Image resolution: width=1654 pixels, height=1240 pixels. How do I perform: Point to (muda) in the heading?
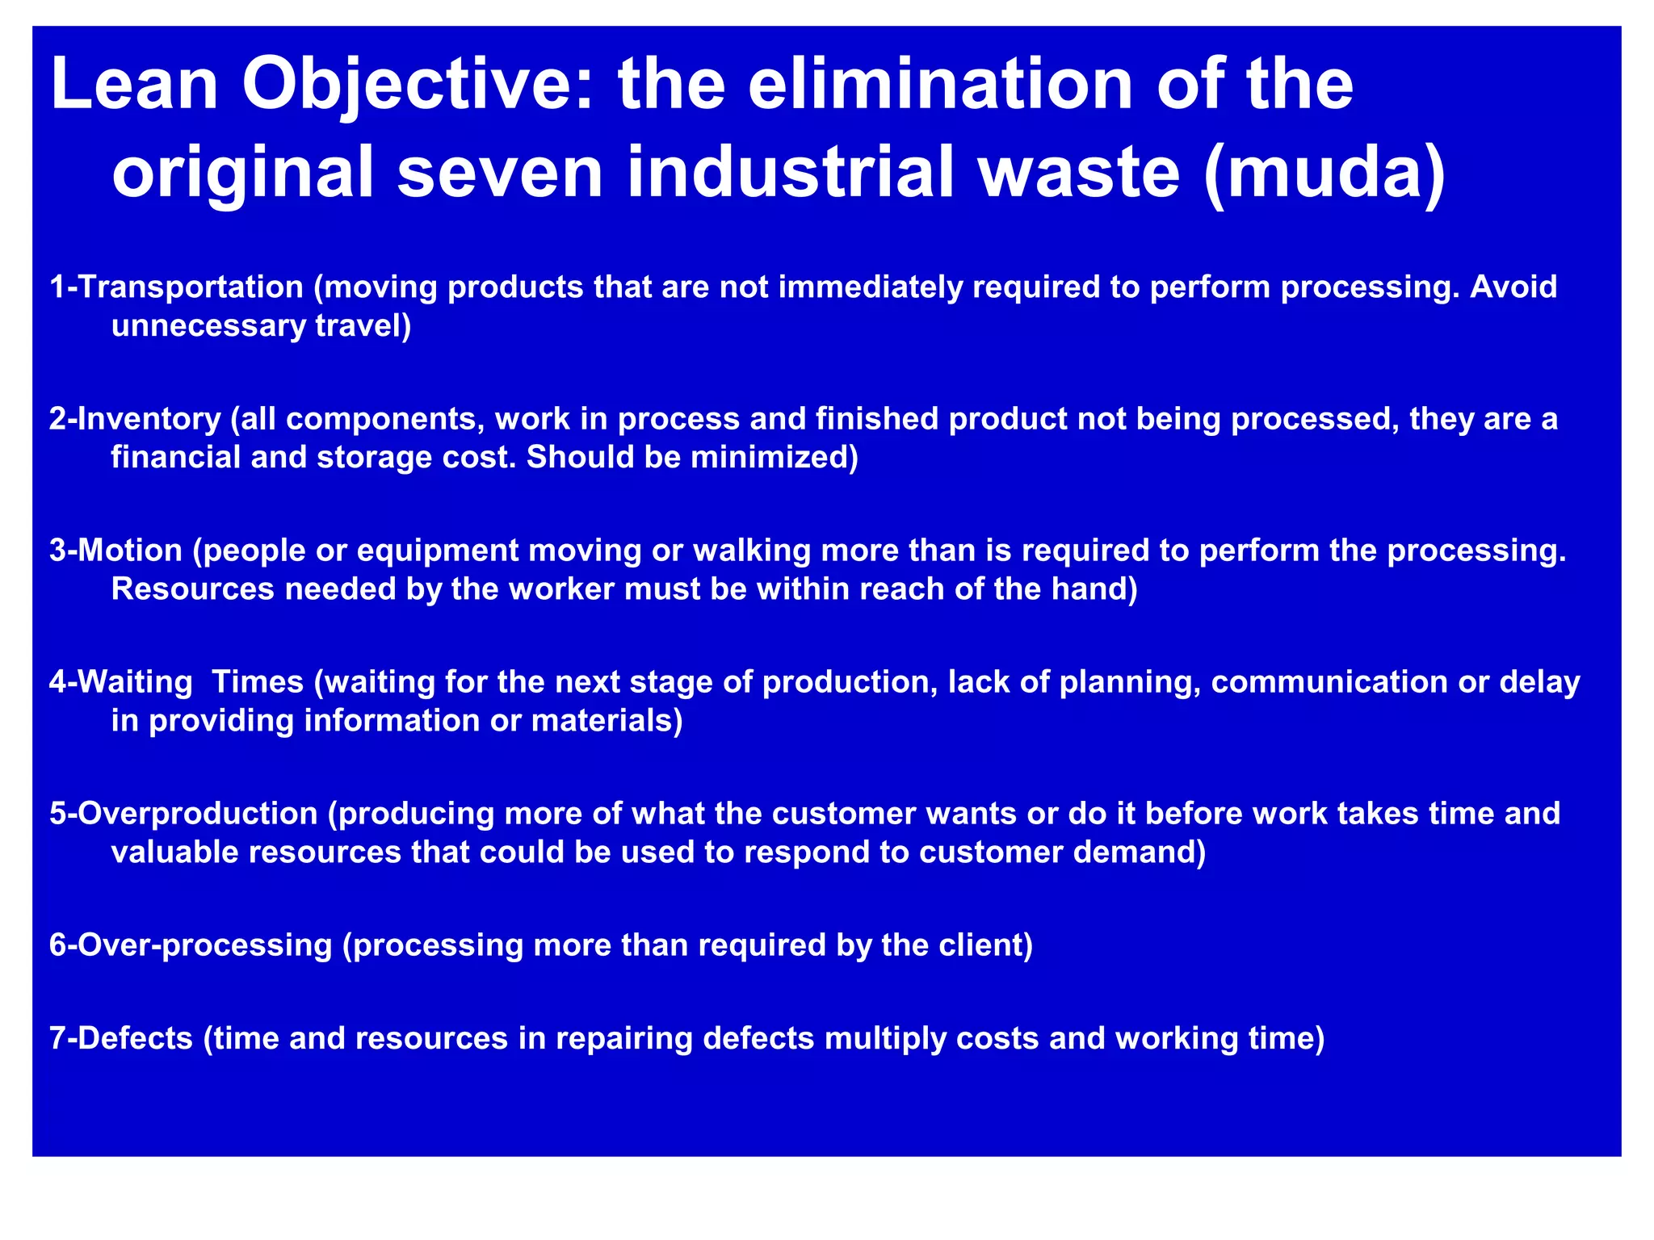[1324, 172]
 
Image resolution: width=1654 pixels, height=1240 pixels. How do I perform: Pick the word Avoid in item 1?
[1513, 287]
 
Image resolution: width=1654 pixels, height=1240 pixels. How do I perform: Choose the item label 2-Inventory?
[135, 419]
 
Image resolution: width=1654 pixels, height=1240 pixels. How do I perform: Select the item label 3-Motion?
[116, 551]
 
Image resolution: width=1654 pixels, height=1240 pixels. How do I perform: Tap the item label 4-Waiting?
[121, 683]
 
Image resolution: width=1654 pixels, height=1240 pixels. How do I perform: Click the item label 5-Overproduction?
[183, 814]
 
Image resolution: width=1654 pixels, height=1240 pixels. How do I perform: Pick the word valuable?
[174, 852]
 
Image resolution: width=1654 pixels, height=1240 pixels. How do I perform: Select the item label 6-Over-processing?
[191, 945]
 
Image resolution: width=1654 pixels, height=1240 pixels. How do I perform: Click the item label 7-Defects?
[121, 1038]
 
